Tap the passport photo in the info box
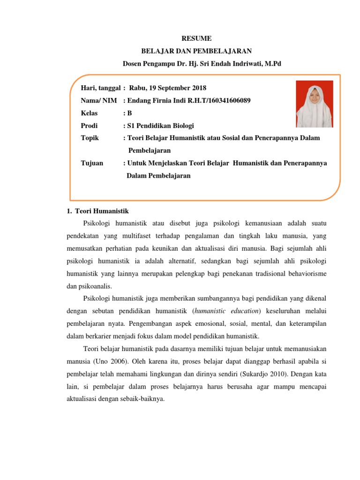click(314, 104)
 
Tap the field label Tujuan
click(92, 163)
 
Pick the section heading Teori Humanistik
click(98, 211)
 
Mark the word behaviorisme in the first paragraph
click(307, 273)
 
